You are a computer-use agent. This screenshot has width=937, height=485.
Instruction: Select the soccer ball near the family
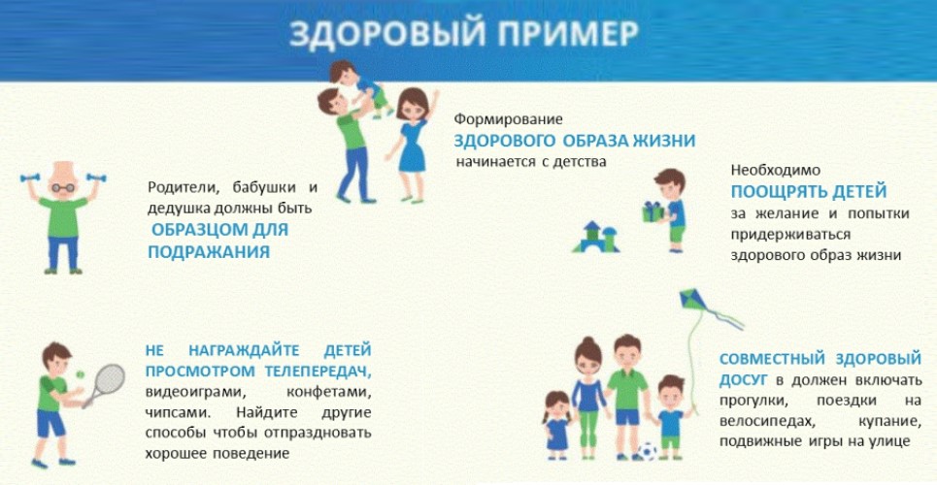[647, 451]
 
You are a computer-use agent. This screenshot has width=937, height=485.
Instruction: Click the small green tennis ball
[80, 374]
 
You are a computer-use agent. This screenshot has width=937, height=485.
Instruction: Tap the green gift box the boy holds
[653, 211]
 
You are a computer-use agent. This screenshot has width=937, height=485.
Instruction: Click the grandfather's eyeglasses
[63, 187]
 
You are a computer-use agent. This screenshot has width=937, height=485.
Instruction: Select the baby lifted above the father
[358, 86]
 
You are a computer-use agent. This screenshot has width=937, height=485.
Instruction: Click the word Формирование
[509, 119]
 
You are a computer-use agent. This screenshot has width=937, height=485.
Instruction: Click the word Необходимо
[776, 170]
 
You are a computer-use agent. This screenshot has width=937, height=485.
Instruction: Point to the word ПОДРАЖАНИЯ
[209, 252]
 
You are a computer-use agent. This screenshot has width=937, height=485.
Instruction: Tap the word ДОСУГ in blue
[745, 380]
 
